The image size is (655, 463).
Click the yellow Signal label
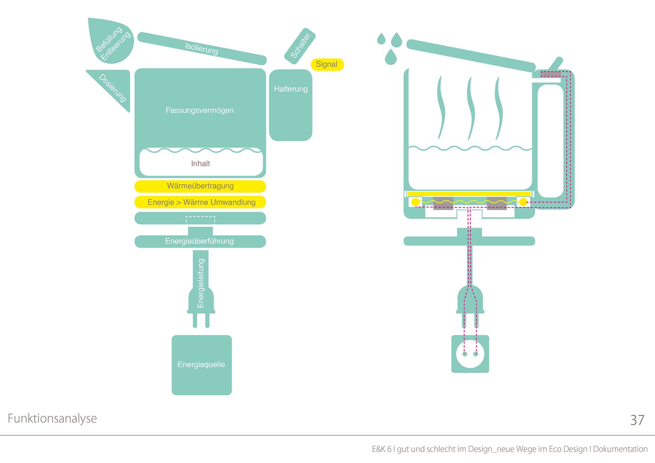click(327, 64)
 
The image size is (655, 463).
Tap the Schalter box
click(300, 46)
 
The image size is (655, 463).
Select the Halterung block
click(291, 105)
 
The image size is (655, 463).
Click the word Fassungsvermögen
click(200, 110)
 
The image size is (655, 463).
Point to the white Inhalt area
click(201, 163)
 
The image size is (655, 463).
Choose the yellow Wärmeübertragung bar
click(200, 186)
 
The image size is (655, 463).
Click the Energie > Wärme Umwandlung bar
click(200, 202)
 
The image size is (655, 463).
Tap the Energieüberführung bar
click(200, 241)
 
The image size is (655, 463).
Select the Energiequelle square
click(202, 365)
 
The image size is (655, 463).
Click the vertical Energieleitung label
click(201, 283)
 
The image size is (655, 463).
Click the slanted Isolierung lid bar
click(202, 48)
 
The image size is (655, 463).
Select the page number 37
click(637, 420)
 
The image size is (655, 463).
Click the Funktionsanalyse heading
click(52, 418)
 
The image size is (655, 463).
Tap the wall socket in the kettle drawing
click(470, 354)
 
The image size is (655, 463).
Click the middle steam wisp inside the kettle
click(471, 108)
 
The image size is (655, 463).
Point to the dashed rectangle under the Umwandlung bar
click(200, 220)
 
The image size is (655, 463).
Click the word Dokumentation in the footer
click(620, 449)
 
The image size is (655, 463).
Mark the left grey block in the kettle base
click(443, 203)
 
